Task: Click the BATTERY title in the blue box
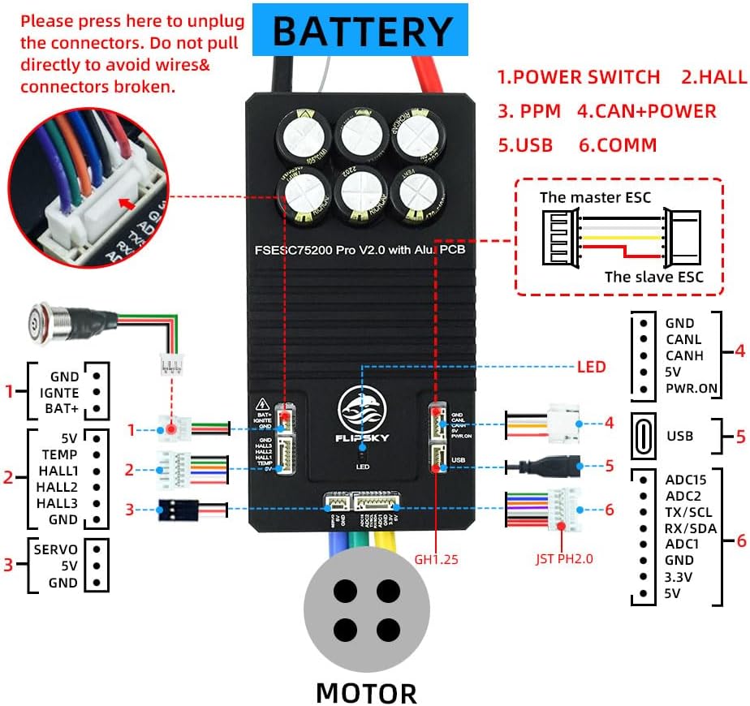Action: pos(361,30)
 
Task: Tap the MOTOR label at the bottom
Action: pos(366,692)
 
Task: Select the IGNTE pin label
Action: pos(58,393)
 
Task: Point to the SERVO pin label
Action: pos(56,549)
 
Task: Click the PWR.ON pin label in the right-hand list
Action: pos(691,388)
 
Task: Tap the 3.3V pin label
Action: pos(679,576)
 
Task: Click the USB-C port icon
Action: pos(644,436)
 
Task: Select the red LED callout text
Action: pos(591,367)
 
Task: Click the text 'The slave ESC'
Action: pos(653,277)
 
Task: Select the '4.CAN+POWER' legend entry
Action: pos(646,110)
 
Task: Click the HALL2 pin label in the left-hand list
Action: pos(58,487)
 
